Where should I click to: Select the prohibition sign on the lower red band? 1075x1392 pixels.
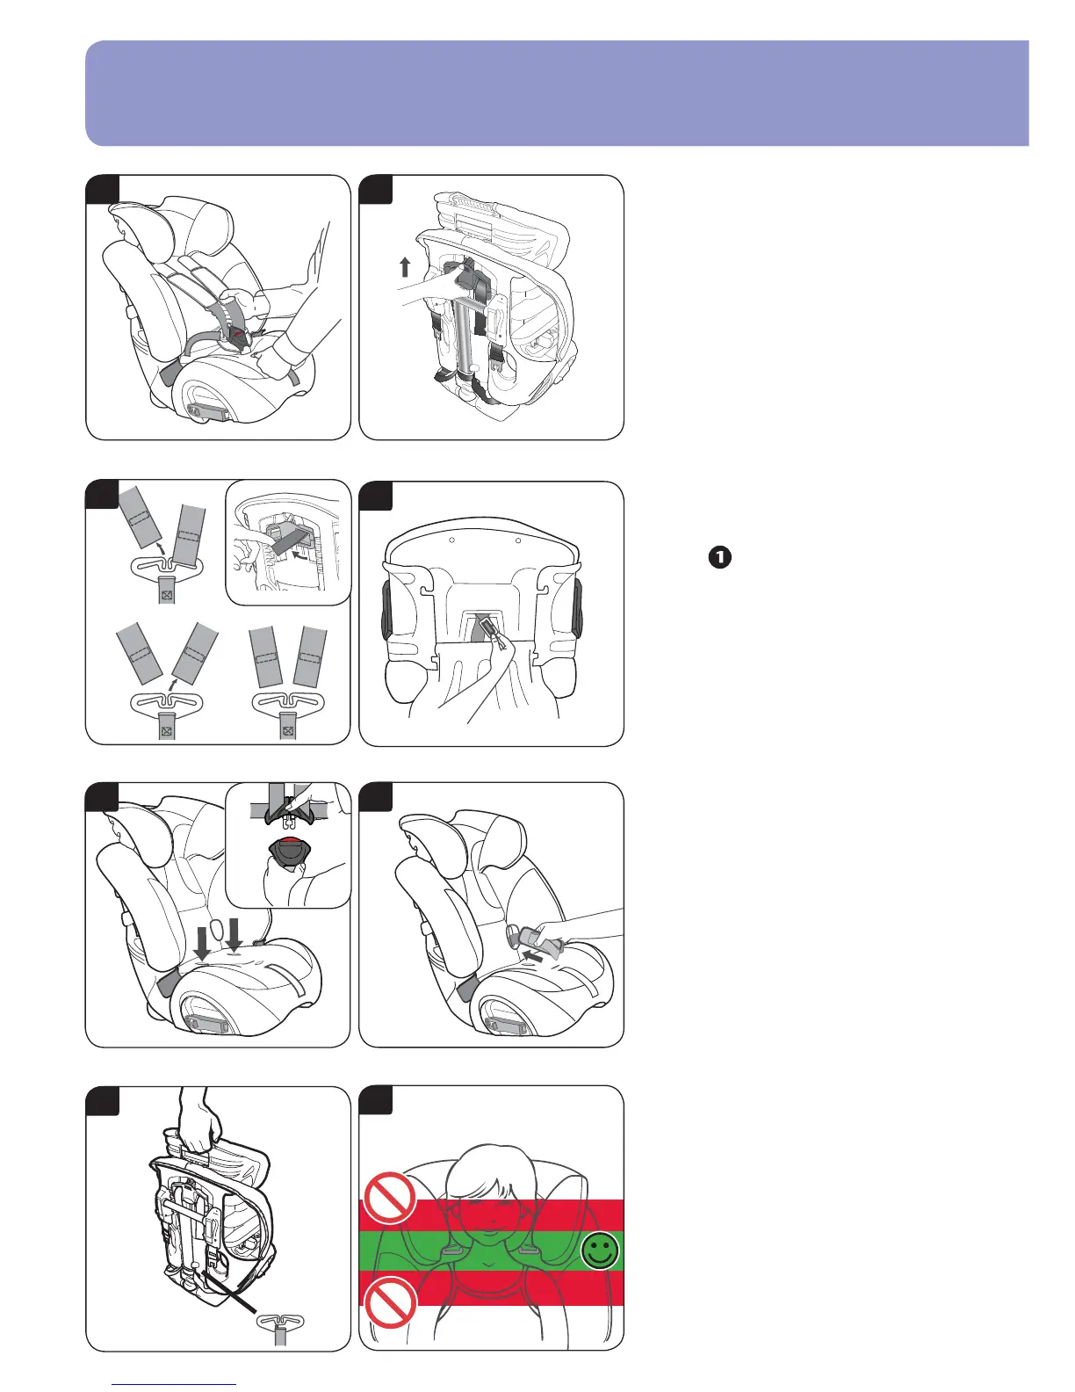tap(390, 1302)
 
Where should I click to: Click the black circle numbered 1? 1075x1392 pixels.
tap(718, 556)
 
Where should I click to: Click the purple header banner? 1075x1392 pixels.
tap(557, 92)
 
